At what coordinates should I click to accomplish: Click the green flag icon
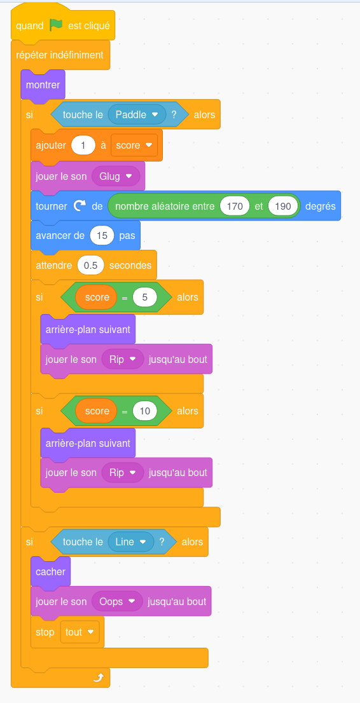56,25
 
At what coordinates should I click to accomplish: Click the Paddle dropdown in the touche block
137,114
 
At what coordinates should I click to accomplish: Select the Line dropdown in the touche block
130,542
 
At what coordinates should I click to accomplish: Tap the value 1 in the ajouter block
83,146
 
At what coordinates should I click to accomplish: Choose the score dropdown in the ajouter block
134,146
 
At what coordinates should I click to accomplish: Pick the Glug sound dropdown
116,176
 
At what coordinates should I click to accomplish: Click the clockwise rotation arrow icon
80,206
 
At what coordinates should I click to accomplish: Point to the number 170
235,206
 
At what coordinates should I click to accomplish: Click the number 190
283,206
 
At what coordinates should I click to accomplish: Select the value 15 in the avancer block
102,235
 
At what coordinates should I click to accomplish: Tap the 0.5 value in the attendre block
91,266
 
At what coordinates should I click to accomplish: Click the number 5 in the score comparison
144,297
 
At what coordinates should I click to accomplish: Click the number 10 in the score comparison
144,411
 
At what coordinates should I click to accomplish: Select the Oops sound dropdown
117,601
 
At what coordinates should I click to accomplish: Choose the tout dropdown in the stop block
80,632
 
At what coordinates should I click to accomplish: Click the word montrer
43,85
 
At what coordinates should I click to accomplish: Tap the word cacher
51,571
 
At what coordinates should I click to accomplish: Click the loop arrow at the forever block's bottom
99,678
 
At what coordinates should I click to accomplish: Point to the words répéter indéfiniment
60,55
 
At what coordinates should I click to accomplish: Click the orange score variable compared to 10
96,411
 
